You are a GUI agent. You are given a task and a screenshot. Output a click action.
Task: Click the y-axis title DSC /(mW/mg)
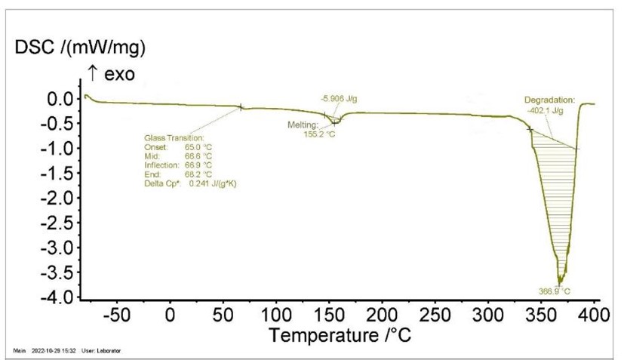pos(80,48)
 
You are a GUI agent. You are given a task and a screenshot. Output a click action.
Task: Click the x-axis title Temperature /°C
pos(340,333)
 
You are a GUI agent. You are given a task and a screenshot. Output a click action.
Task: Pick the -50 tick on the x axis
pos(117,313)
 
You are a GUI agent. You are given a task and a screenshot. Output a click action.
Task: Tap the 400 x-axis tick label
pos(595,313)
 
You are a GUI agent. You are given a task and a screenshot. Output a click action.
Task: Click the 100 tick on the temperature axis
pos(277,313)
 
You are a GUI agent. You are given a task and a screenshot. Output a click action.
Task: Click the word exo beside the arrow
pos(117,74)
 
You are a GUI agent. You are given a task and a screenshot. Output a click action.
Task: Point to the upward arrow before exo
pos(93,74)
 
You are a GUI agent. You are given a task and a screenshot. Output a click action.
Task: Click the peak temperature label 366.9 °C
pos(555,291)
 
